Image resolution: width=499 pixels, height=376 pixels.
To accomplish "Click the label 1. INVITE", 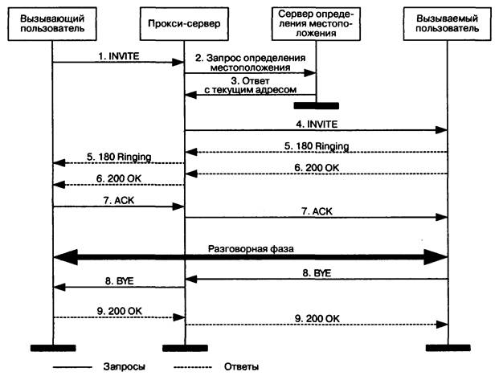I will (x=117, y=53).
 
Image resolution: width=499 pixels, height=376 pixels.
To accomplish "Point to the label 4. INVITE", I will (x=315, y=124).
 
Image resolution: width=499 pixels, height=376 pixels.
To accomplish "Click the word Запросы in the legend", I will (x=125, y=366).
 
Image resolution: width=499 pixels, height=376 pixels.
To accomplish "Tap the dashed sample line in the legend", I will (x=193, y=366).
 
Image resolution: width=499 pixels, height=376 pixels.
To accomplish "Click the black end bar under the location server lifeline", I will (x=316, y=105).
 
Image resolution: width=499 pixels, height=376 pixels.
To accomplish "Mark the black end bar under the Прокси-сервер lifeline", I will (x=185, y=347).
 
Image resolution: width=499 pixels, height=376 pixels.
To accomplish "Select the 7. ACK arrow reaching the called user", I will (x=316, y=217).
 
